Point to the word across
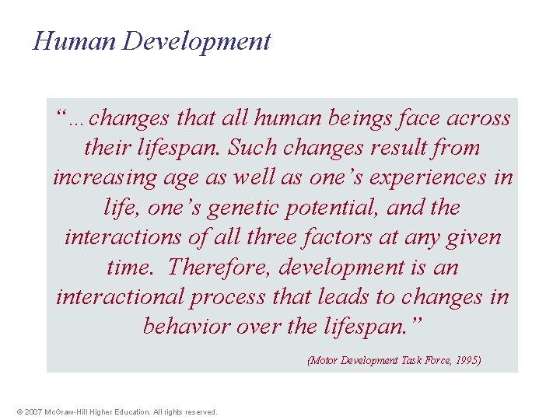pyautogui.click(x=478, y=118)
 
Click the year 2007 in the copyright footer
pyautogui.click(x=33, y=412)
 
